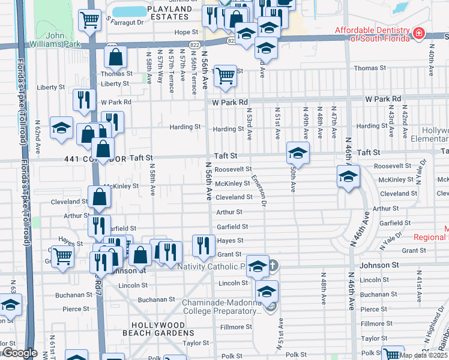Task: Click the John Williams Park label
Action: [x=63, y=40]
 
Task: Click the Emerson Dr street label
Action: [x=259, y=190]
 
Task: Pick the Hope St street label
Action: [x=186, y=32]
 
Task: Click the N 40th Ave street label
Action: [x=432, y=62]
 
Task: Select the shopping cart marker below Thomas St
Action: [x=225, y=77]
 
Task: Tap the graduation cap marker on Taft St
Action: [x=298, y=153]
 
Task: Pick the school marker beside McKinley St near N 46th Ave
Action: [x=348, y=176]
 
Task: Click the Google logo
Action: [x=19, y=353]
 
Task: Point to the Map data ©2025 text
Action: [x=424, y=355]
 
